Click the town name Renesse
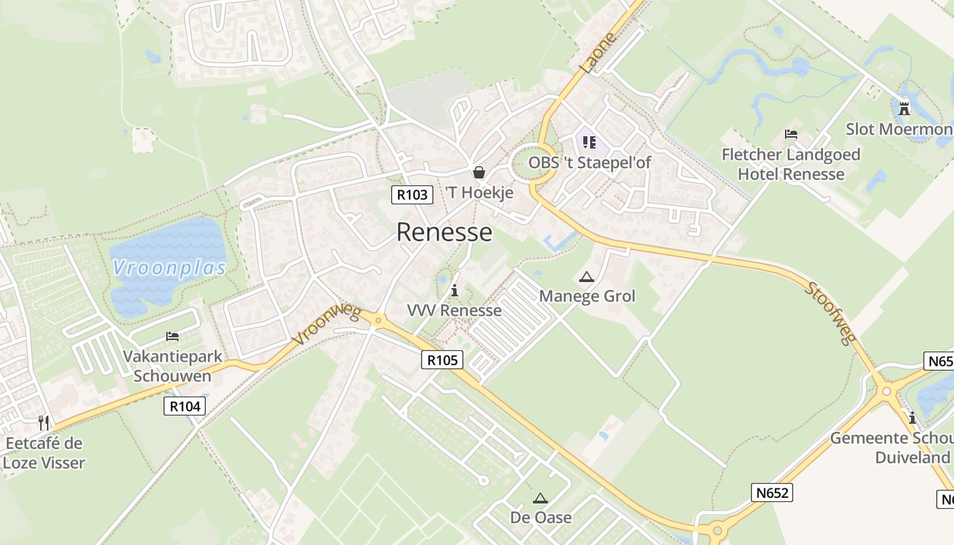(444, 232)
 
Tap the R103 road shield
(412, 195)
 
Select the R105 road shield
(442, 360)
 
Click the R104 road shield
(185, 407)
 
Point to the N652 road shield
(773, 493)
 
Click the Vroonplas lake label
(170, 268)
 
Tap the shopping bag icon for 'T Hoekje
(479, 172)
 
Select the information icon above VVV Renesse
(455, 291)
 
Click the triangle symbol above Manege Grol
(586, 277)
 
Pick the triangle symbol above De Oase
(540, 499)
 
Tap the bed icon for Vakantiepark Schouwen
(172, 337)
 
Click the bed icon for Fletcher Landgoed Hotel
(791, 134)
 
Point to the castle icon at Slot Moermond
(904, 108)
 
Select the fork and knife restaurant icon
(44, 423)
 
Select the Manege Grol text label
(587, 296)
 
